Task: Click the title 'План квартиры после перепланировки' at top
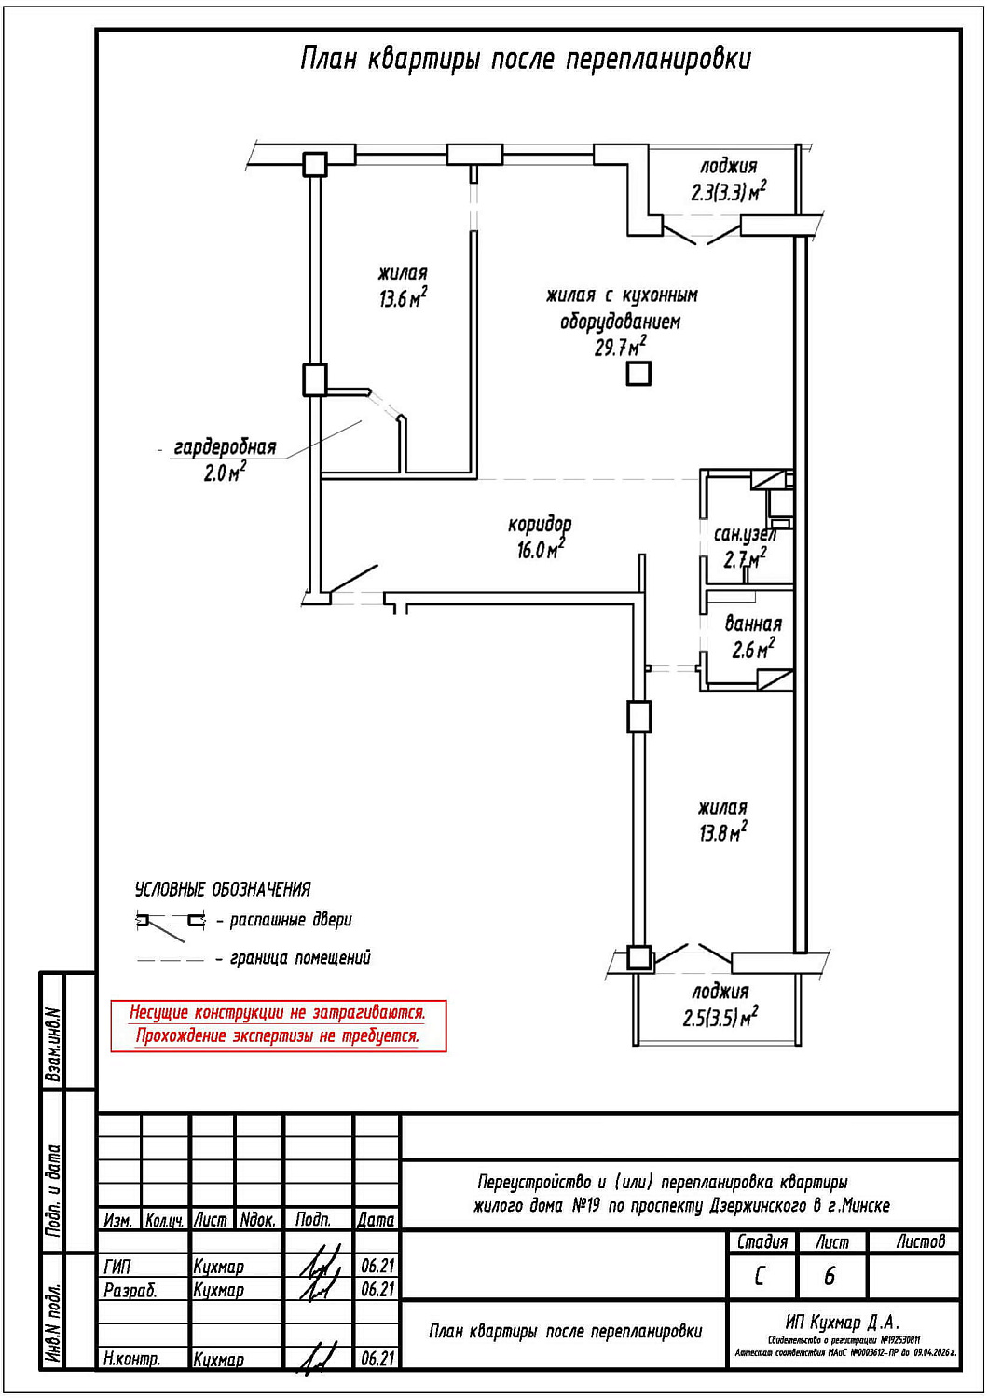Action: [x=525, y=60]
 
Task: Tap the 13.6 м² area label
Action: [x=403, y=299]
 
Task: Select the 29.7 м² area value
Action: [x=620, y=348]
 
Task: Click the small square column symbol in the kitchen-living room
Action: [x=638, y=374]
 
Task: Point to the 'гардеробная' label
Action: [x=225, y=448]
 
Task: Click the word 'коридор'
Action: [x=540, y=525]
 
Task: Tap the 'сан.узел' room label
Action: [x=744, y=535]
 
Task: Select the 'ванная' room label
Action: [x=753, y=624]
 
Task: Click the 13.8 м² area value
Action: [x=722, y=832]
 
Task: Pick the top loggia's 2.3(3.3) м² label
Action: [x=728, y=192]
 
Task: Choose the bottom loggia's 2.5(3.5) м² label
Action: [x=720, y=1017]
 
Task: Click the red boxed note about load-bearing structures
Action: [x=278, y=1025]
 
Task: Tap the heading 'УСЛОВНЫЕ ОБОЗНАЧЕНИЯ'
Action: [x=223, y=889]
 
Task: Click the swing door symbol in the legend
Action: [x=170, y=923]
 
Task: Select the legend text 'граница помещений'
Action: [x=300, y=958]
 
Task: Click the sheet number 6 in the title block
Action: [x=830, y=1276]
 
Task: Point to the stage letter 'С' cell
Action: [x=761, y=1276]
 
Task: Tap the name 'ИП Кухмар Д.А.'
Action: [x=842, y=1323]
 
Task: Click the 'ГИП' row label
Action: [x=118, y=1267]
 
